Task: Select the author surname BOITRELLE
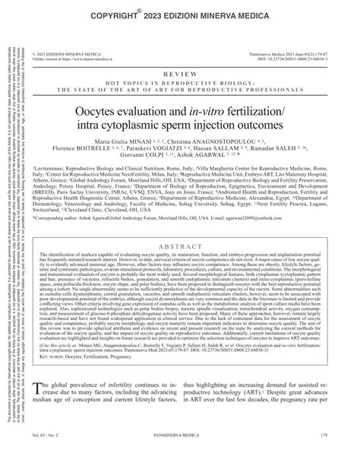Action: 99,149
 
